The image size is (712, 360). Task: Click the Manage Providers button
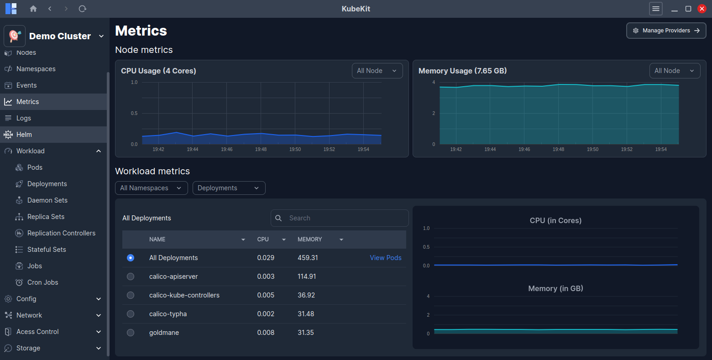click(666, 31)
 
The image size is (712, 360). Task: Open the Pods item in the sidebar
click(35, 167)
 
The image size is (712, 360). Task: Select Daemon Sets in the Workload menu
click(47, 200)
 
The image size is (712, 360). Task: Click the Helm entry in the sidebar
click(24, 135)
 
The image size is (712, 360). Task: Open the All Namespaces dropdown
click(151, 188)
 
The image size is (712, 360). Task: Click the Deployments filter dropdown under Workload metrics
click(229, 188)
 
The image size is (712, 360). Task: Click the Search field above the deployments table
click(340, 218)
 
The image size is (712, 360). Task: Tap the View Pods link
click(386, 258)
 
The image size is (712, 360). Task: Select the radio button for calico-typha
click(131, 314)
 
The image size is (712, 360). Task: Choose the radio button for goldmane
click(131, 333)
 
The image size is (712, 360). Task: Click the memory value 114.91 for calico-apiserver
click(307, 277)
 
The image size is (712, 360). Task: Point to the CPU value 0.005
click(266, 295)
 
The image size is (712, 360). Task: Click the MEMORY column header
click(310, 240)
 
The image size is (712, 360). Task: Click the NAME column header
click(157, 240)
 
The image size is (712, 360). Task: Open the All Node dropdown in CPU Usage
click(377, 71)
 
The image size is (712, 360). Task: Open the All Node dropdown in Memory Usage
click(675, 71)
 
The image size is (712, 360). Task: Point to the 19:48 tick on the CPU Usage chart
click(261, 149)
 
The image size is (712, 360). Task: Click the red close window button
click(702, 9)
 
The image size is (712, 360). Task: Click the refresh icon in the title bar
click(83, 9)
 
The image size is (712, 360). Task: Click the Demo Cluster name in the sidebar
click(60, 36)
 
